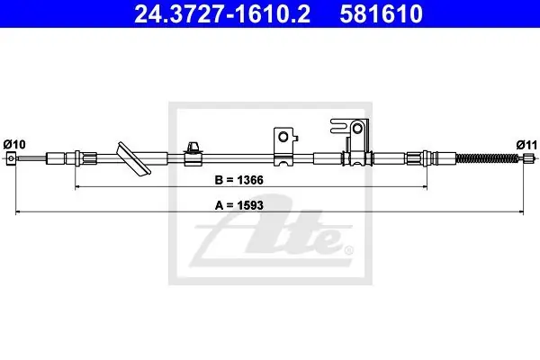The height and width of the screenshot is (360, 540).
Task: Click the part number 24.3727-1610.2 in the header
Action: [222, 14]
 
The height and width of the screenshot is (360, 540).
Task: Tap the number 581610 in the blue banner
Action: [382, 14]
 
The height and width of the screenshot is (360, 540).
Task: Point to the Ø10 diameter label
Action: [14, 144]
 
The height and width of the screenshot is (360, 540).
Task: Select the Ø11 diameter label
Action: [526, 145]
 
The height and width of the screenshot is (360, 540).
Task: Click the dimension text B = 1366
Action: [238, 180]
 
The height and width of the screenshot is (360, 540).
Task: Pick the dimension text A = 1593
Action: [239, 205]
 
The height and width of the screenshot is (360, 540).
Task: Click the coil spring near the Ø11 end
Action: [487, 158]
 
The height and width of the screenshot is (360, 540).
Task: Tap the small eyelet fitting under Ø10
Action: [12, 158]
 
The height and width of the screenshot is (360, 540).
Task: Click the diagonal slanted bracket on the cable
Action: [133, 158]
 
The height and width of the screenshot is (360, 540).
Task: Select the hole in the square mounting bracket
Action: [283, 137]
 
